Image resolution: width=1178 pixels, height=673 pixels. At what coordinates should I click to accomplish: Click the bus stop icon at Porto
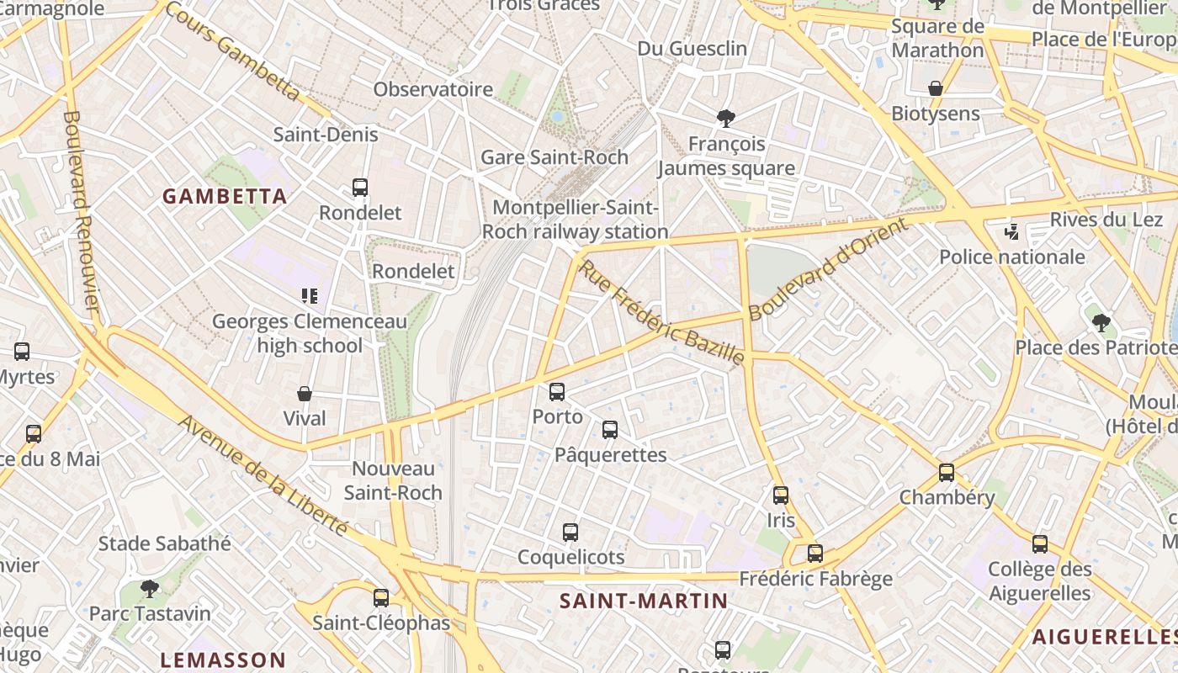tap(556, 392)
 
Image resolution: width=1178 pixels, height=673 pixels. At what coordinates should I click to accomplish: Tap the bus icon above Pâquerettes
tap(610, 430)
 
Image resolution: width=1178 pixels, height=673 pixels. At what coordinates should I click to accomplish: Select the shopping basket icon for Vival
tap(305, 394)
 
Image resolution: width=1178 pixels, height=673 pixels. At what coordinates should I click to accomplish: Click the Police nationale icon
tap(1012, 232)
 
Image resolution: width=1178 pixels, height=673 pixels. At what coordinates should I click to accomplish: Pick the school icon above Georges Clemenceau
tap(310, 296)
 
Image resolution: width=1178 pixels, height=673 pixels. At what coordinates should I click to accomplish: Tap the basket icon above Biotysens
tap(935, 88)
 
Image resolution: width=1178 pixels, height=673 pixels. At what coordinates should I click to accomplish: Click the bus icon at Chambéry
tap(947, 473)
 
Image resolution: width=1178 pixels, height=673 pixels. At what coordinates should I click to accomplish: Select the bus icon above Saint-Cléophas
tap(381, 598)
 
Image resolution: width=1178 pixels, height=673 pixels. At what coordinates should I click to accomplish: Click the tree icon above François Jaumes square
tap(725, 119)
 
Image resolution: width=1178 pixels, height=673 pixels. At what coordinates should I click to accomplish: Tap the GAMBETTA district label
tap(225, 197)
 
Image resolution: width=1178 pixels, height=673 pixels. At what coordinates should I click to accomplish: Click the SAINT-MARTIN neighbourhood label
tap(644, 601)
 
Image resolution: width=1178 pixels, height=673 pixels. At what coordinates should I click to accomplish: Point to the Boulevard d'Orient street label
tap(829, 268)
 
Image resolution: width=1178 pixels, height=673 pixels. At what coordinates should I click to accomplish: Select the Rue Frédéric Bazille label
tap(662, 313)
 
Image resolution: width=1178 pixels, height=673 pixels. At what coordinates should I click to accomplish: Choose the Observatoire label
tap(433, 89)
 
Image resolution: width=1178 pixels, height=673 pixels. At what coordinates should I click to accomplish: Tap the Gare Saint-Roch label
tap(555, 157)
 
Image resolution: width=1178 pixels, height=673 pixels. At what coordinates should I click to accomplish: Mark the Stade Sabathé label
tap(165, 543)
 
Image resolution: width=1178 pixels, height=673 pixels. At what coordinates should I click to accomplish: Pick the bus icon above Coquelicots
tap(570, 533)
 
